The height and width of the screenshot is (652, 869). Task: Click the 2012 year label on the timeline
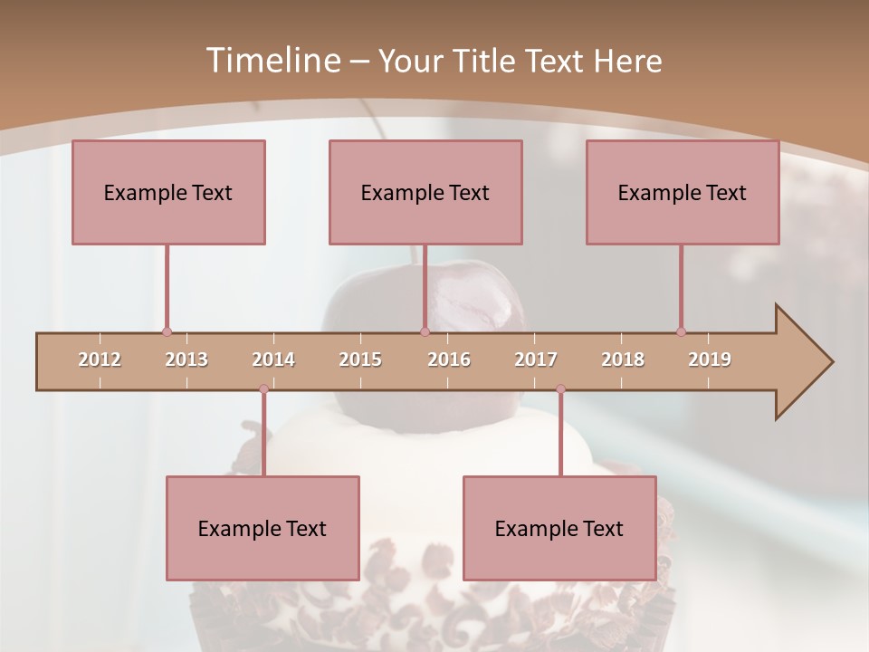coord(100,360)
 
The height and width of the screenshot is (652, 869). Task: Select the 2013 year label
coord(186,360)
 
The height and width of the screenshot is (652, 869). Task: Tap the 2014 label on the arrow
coord(273,360)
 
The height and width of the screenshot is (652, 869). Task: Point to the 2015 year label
coord(360,360)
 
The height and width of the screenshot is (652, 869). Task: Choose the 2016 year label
coord(449,360)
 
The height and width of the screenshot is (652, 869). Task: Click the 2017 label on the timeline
coord(536,360)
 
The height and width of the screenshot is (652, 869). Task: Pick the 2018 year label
coord(623,360)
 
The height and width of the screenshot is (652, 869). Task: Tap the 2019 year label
coord(710,360)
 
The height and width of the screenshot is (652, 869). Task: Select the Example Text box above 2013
coord(168,192)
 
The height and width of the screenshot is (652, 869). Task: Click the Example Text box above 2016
coord(425,192)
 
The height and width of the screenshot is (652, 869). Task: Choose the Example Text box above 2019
coord(683,192)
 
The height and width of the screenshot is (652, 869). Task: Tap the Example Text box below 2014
coord(263,528)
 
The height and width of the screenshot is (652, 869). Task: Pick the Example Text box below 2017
coord(559,528)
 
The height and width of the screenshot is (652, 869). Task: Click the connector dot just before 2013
coord(167,332)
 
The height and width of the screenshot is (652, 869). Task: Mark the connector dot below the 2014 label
coord(263,389)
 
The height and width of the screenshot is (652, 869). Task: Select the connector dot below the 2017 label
coord(560,389)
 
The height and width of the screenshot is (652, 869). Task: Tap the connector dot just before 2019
coord(681,332)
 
